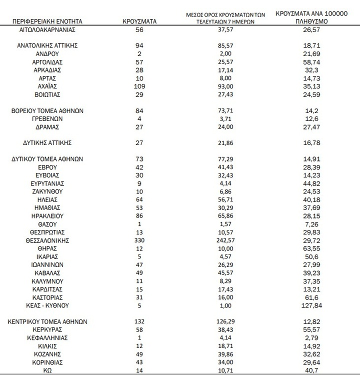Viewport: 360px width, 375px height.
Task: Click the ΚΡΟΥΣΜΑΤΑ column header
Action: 139,22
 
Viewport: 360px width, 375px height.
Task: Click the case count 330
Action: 139,240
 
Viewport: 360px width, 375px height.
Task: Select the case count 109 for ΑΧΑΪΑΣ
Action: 139,86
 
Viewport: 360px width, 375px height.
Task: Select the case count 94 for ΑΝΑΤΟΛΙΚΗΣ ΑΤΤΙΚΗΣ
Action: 139,45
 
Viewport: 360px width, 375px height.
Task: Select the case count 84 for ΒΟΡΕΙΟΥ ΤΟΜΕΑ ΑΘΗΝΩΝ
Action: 139,110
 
